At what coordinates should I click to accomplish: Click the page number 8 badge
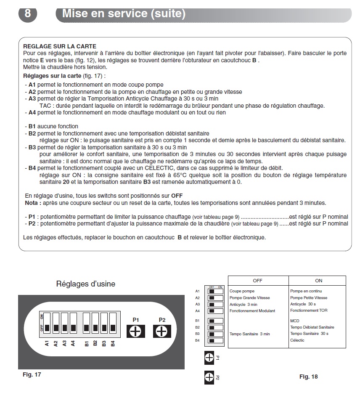[27, 13]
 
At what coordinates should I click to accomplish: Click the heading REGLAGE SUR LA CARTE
[60, 46]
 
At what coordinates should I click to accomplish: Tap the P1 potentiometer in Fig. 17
[135, 332]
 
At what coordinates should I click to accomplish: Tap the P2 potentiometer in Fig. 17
[162, 332]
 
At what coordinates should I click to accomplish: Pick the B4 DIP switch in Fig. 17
[113, 323]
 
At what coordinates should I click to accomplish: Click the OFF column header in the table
[257, 281]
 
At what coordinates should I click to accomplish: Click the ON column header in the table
[318, 281]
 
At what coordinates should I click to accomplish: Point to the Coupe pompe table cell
[242, 291]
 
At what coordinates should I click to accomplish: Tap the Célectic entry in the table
[297, 340]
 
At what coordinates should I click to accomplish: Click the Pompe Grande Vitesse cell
[250, 298]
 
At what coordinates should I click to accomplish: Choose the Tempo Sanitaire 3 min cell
[250, 334]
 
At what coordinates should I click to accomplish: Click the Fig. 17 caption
[32, 374]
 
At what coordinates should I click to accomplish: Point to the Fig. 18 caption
[308, 377]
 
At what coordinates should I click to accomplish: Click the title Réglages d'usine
[85, 284]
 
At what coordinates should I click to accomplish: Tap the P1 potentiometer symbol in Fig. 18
[209, 358]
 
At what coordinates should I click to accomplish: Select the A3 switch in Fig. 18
[216, 304]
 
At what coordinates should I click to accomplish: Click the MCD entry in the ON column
[294, 321]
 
